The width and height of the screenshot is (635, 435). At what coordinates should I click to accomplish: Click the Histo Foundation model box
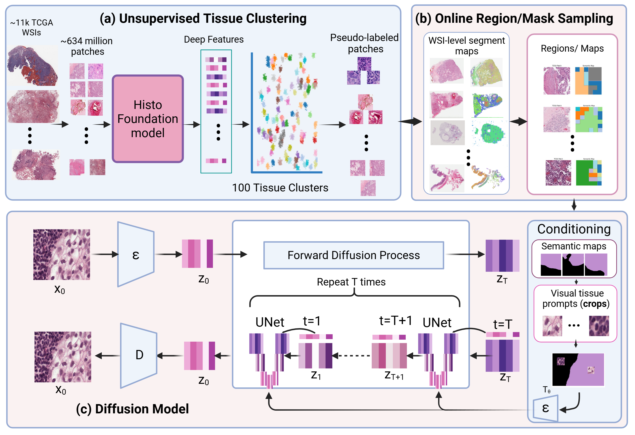(x=148, y=119)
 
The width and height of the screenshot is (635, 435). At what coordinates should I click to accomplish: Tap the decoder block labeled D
(x=139, y=355)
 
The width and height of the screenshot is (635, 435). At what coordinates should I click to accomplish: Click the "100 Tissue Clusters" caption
(x=280, y=188)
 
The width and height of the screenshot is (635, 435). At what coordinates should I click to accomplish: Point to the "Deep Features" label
(x=214, y=39)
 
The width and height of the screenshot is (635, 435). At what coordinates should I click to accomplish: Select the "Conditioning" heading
(x=574, y=229)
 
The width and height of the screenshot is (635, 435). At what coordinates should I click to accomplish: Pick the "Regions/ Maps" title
(x=572, y=48)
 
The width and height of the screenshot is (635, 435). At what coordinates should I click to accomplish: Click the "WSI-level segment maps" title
(x=467, y=46)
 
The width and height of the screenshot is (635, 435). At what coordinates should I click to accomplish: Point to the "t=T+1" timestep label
(x=395, y=320)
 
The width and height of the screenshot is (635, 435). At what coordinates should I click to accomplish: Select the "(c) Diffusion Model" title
(x=132, y=409)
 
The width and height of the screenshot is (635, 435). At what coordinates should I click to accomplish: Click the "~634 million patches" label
(x=87, y=46)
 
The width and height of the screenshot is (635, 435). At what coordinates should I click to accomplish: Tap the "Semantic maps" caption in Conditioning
(x=574, y=246)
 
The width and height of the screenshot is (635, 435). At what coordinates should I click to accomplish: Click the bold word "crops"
(x=594, y=304)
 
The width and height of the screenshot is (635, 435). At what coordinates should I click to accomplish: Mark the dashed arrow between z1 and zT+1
(x=352, y=356)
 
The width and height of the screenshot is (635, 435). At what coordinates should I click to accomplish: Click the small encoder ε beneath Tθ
(x=545, y=408)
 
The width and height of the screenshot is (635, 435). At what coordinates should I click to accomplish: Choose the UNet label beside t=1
(x=270, y=322)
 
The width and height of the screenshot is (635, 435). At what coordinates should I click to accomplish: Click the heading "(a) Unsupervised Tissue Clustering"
(x=203, y=18)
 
